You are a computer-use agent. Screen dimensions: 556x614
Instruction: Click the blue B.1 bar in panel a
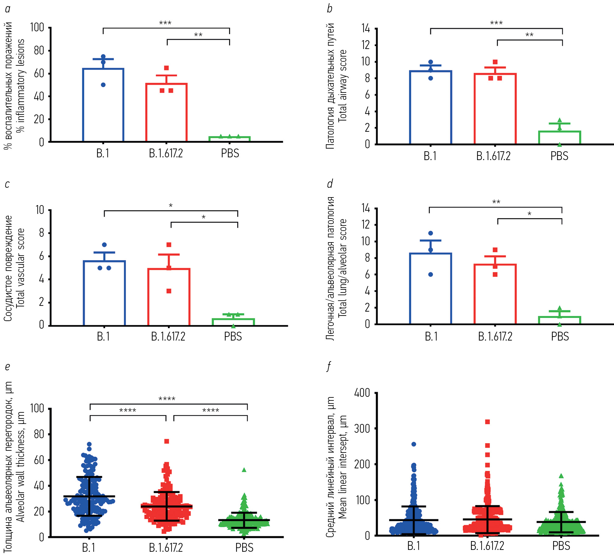tap(103, 105)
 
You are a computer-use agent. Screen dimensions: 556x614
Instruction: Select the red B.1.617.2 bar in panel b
tap(495, 109)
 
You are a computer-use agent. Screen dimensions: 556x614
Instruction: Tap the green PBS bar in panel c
tap(233, 322)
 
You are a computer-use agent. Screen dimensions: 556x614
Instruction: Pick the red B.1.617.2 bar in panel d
tap(495, 294)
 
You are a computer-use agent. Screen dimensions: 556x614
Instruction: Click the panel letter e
tap(8, 366)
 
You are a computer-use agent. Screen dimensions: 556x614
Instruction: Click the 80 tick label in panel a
tap(39, 51)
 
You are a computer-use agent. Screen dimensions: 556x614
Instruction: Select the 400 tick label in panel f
tap(362, 393)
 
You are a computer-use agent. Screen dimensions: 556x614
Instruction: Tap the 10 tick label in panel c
tap(40, 210)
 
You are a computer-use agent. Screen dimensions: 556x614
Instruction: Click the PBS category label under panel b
tap(559, 156)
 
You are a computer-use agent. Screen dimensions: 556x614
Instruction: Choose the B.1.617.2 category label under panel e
tap(166, 547)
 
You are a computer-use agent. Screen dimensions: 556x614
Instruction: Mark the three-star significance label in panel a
tap(165, 23)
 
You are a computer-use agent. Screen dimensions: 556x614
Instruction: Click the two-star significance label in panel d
tap(496, 202)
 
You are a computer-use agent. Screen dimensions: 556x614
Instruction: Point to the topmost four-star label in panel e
tap(167, 399)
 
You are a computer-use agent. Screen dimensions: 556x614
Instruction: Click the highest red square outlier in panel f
tap(487, 422)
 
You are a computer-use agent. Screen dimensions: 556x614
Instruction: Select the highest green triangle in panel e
tap(244, 470)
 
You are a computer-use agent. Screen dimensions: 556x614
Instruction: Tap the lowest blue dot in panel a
tap(103, 85)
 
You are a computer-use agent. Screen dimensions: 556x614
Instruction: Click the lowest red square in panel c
tap(169, 291)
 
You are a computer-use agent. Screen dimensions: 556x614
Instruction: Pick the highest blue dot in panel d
tap(430, 233)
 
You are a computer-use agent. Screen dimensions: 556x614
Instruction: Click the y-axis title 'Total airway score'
tap(343, 86)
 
